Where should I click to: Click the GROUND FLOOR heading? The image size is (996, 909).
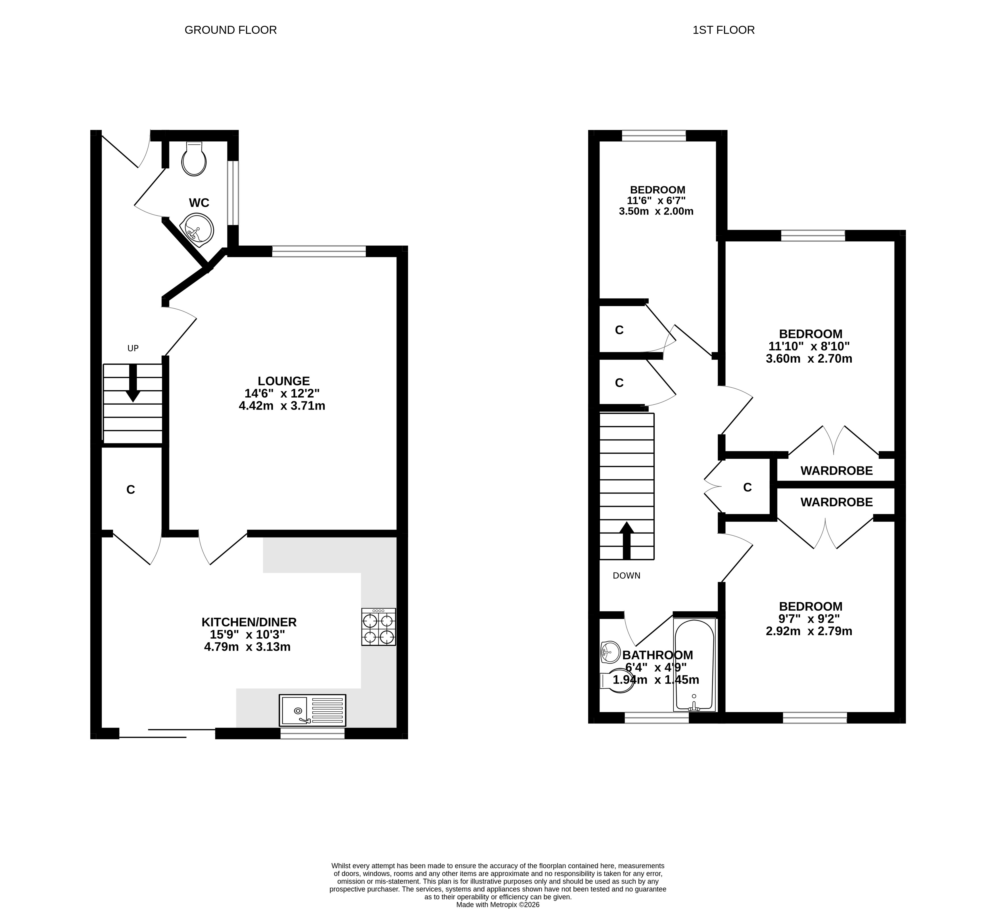tap(230, 30)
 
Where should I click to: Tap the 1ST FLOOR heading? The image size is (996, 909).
tap(723, 30)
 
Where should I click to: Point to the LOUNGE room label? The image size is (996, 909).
tap(284, 381)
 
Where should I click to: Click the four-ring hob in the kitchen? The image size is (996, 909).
tap(379, 627)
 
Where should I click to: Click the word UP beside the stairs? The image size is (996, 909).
tap(133, 348)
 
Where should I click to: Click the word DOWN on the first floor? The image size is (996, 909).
tap(627, 576)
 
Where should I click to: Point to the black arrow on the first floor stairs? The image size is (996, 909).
tap(627, 540)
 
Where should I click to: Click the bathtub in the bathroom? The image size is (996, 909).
tap(694, 665)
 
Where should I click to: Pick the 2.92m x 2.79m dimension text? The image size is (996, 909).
tap(809, 631)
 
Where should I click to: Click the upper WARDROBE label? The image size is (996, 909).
tap(836, 471)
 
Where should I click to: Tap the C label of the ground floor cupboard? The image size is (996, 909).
tap(130, 490)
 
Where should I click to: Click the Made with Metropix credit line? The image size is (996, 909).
tap(498, 904)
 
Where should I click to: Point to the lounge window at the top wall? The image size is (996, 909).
tap(319, 251)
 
